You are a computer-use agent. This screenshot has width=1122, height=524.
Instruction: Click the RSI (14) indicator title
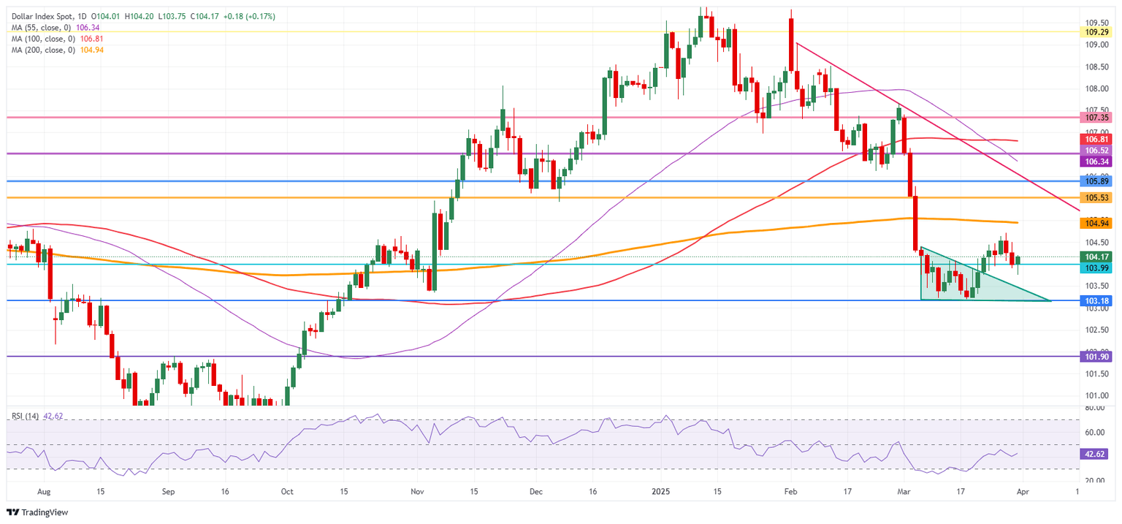(26, 416)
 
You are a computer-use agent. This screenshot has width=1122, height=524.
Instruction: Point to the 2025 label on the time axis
(657, 493)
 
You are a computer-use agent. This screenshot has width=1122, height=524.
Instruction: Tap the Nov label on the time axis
(416, 493)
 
